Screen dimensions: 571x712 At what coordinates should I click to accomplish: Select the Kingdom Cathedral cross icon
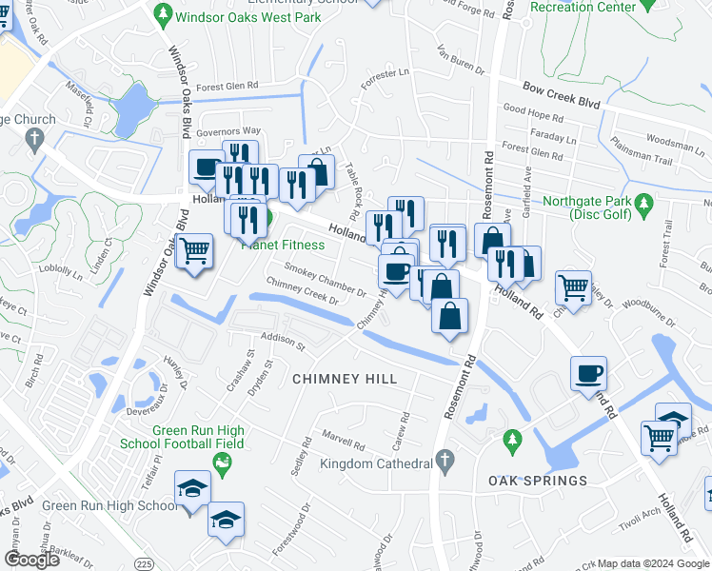(x=443, y=462)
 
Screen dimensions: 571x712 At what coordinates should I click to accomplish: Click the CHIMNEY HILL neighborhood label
(x=345, y=379)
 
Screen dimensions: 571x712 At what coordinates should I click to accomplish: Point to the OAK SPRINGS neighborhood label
(x=538, y=481)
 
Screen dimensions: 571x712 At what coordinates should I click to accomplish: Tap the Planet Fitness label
(x=283, y=245)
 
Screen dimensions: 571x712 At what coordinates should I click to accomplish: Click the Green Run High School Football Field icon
(x=223, y=463)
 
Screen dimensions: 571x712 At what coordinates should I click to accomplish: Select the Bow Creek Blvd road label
(x=563, y=95)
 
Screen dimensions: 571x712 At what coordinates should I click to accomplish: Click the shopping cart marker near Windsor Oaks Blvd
(x=194, y=251)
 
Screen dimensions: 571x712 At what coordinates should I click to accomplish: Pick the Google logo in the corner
(x=31, y=560)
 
